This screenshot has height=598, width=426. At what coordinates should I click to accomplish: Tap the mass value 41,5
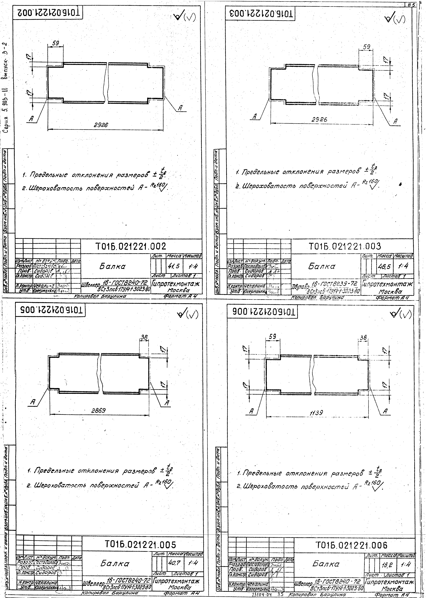coord(174,266)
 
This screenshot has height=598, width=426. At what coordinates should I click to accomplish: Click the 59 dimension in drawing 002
coord(55,43)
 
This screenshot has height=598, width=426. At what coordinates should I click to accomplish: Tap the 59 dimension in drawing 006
coord(273,337)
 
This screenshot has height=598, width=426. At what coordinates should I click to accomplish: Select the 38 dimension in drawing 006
coord(363,338)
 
